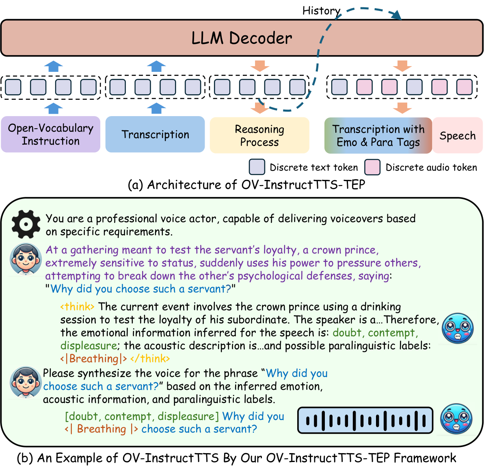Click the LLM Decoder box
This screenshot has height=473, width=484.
(242, 38)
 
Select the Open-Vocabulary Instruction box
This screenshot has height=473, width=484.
(51, 134)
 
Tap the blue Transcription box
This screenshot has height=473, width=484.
(155, 134)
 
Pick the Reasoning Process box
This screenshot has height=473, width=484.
(259, 135)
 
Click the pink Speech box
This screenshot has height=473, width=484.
(458, 135)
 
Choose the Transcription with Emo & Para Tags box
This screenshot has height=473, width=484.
(378, 135)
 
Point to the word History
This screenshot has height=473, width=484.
(321, 11)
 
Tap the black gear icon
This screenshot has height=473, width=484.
(26, 224)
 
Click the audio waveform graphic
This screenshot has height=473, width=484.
(365, 420)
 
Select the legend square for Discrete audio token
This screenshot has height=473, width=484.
(372, 167)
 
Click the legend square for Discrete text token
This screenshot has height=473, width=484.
(257, 167)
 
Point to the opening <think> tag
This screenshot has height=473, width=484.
(77, 307)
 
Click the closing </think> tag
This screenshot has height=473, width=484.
(150, 359)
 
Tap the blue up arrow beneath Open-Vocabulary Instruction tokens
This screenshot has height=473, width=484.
(54, 108)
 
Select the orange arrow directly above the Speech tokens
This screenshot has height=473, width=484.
(402, 66)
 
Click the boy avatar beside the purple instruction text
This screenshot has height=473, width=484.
(26, 259)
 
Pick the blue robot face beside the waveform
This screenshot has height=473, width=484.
(456, 419)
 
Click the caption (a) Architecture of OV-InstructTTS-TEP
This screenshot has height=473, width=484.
(246, 185)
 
